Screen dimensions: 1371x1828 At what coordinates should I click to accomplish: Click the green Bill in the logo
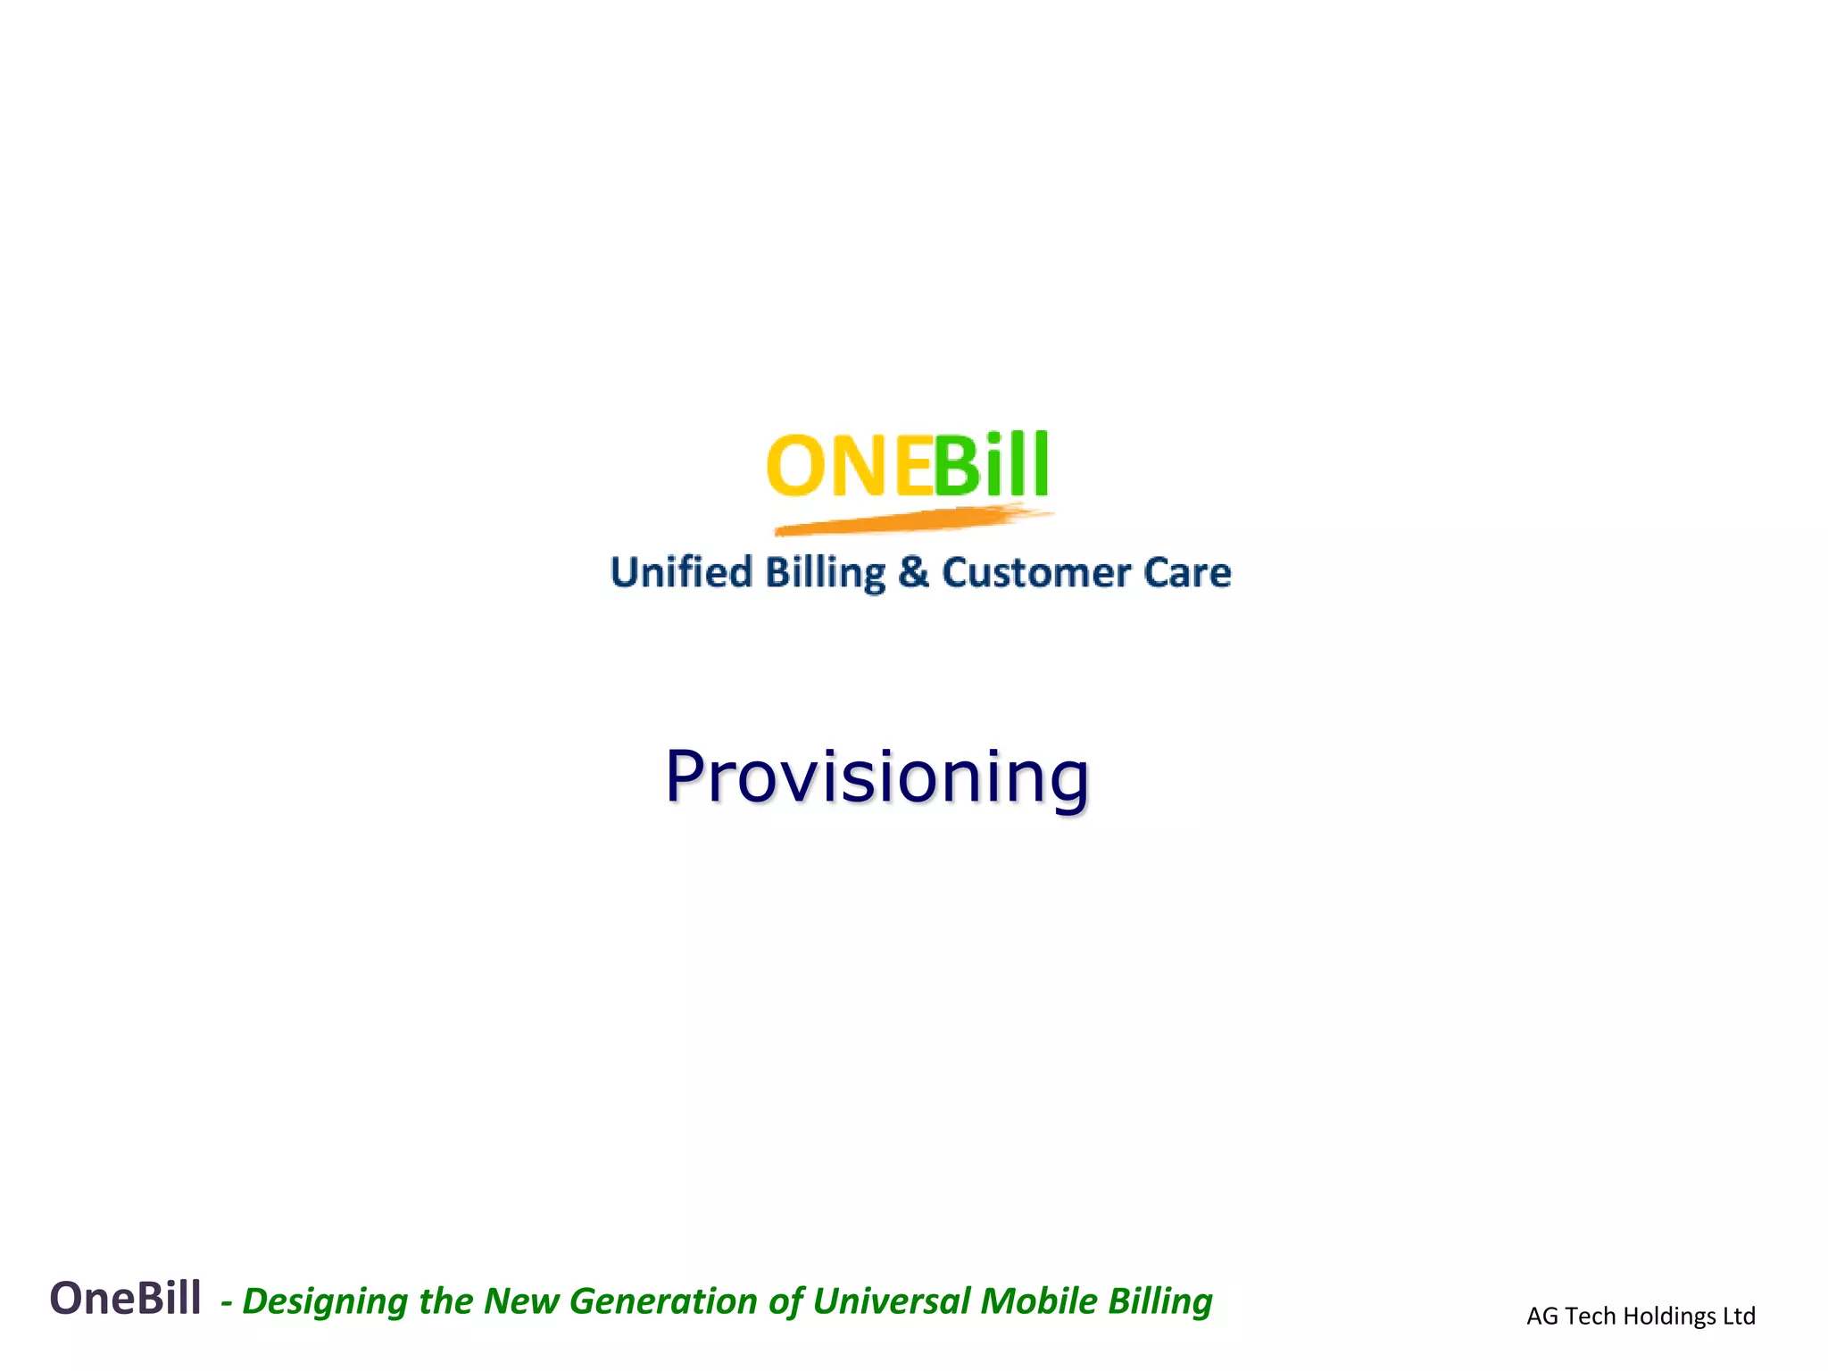(991, 466)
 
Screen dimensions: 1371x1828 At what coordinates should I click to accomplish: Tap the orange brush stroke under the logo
(910, 520)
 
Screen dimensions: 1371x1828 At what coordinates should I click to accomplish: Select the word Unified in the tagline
(681, 572)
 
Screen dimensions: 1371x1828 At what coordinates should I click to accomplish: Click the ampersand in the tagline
(913, 572)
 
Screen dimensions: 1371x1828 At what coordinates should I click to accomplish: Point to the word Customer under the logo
(1035, 572)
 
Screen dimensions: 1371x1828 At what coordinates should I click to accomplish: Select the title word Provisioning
(877, 777)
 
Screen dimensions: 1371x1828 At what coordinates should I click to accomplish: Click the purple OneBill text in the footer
(125, 1299)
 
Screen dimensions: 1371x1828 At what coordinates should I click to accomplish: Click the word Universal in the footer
(891, 1301)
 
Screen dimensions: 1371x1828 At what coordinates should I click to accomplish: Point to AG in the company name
(1541, 1317)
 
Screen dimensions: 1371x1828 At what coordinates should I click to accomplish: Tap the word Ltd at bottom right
(1739, 1317)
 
